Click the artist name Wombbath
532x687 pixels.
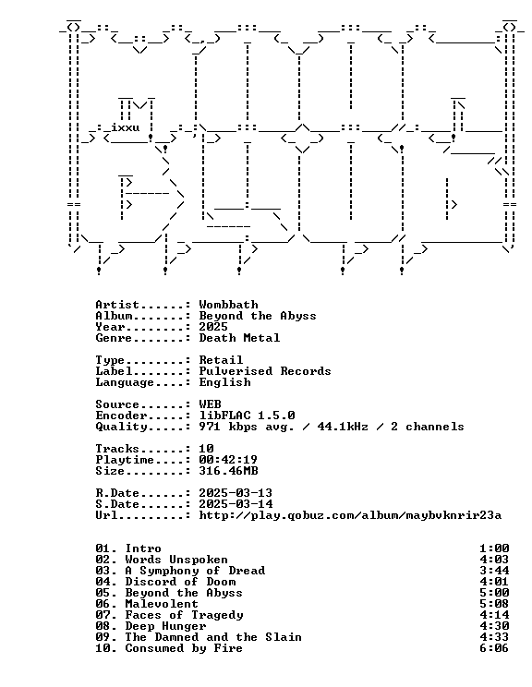coord(228,305)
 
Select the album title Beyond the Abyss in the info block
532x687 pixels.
coord(258,316)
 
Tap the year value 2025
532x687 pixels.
coord(213,327)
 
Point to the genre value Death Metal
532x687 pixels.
coord(239,338)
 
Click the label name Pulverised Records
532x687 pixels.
coord(265,371)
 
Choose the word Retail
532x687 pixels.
coord(221,360)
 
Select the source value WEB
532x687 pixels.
coord(210,404)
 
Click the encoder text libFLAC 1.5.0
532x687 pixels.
coord(247,416)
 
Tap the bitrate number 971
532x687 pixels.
coord(210,427)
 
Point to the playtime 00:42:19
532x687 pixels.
coord(228,460)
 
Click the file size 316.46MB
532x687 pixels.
coord(228,471)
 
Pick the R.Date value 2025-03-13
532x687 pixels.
coord(236,493)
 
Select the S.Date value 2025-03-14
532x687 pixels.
coord(236,504)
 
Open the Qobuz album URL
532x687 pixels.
coord(350,515)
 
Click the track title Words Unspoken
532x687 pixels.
coord(176,560)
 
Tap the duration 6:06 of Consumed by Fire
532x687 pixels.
coord(494,648)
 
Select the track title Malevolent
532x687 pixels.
coord(162,604)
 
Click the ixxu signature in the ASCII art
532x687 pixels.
coord(126,127)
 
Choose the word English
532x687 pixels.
coord(224,382)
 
